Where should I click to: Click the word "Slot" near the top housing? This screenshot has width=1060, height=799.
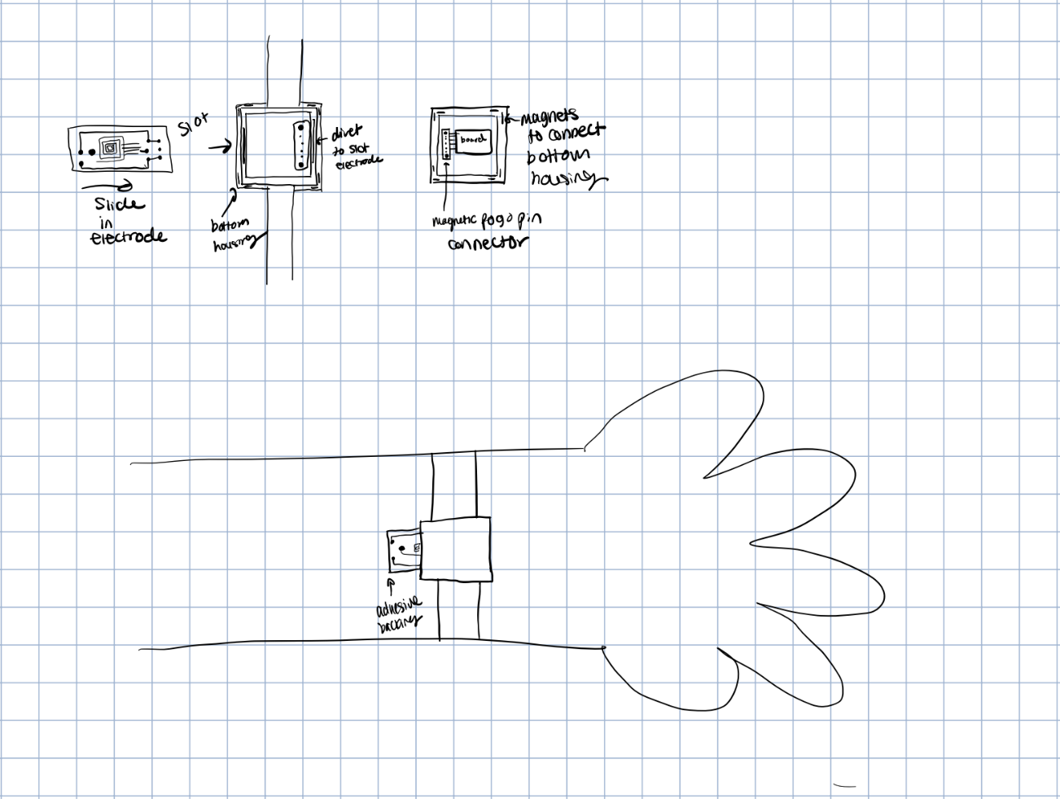point(193,124)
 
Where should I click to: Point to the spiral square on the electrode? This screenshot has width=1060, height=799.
point(110,147)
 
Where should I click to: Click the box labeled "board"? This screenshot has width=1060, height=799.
point(472,140)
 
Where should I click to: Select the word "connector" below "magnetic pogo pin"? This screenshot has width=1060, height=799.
point(488,242)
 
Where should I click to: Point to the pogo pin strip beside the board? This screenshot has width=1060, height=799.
point(445,146)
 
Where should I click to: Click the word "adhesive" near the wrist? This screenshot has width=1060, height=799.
point(399,607)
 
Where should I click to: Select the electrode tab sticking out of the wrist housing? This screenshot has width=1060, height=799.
point(403,550)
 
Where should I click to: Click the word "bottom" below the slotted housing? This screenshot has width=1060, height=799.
point(230,225)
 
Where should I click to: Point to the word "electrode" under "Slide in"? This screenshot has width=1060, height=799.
point(128,237)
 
